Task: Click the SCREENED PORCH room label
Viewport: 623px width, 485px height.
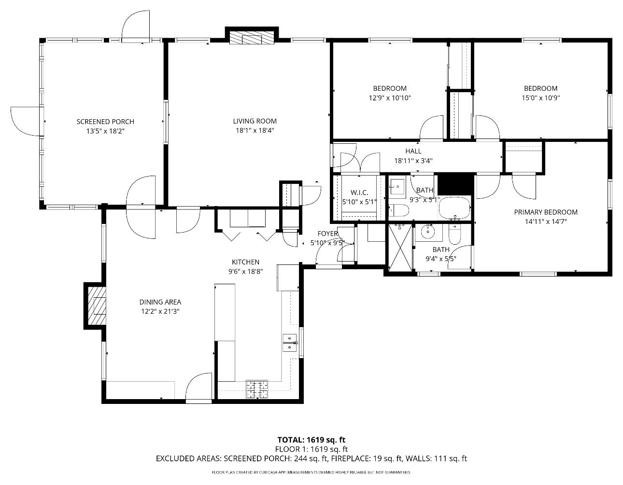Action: [105, 122]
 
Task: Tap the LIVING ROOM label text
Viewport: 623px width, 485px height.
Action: [255, 121]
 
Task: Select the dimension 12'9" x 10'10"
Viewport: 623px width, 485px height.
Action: [390, 98]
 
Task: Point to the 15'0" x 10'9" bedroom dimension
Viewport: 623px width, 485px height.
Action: [541, 98]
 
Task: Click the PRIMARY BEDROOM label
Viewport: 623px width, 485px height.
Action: [546, 212]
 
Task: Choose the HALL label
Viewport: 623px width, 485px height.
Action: [413, 151]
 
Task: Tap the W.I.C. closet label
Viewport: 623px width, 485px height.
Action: [359, 193]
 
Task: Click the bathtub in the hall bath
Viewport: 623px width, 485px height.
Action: [454, 208]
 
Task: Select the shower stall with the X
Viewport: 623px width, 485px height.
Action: [400, 247]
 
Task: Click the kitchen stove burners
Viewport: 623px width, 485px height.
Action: [257, 389]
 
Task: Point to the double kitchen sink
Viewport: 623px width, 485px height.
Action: [290, 343]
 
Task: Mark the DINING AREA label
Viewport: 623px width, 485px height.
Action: [160, 302]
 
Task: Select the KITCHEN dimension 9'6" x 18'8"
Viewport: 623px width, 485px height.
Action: [245, 271]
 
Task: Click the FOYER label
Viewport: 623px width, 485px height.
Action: [328, 234]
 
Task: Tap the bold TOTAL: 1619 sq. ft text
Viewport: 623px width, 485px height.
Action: [311, 440]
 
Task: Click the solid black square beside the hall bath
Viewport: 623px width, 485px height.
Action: [455, 184]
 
